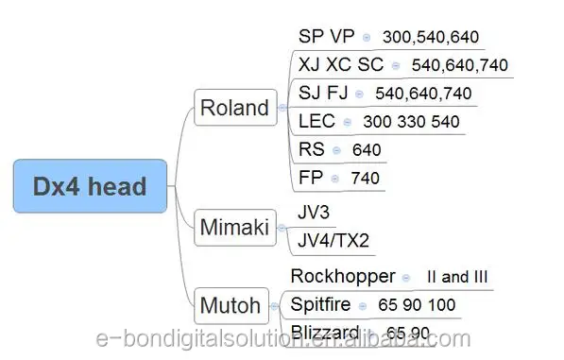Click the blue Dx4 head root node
[x=92, y=185]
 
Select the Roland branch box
[x=234, y=108]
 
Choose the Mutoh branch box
[x=231, y=305]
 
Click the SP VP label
[x=326, y=37]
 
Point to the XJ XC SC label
[x=341, y=65]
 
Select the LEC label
[x=316, y=121]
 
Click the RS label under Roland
[x=311, y=149]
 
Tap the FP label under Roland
[x=310, y=177]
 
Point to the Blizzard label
[x=324, y=332]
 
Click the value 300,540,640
[x=430, y=38]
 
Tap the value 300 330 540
[x=411, y=122]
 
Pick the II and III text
[x=456, y=277]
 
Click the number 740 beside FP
[x=365, y=178]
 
